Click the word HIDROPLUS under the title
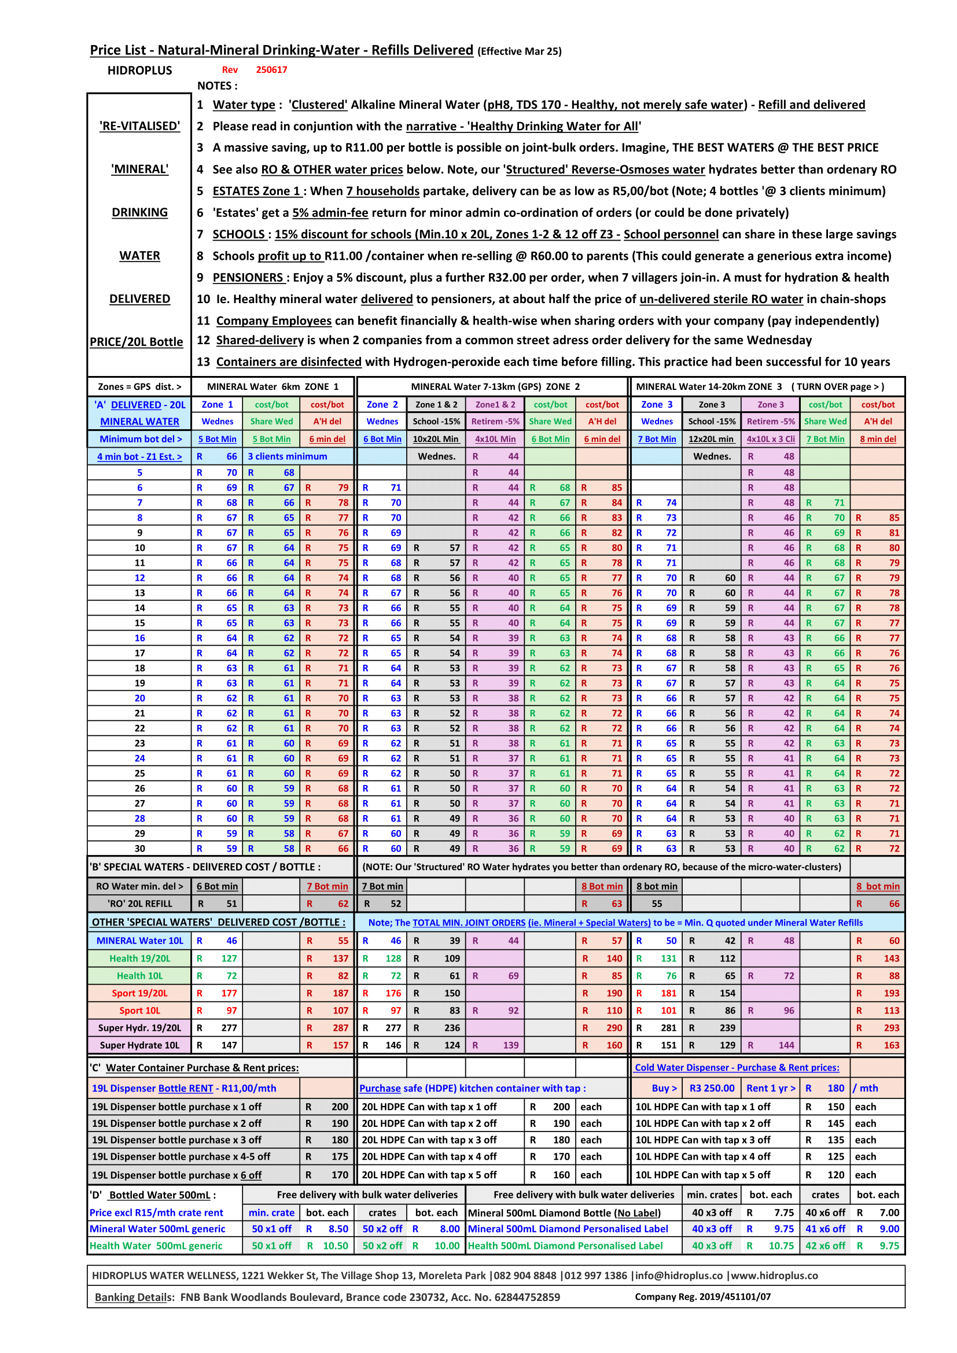click(x=139, y=71)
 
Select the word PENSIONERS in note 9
click(x=248, y=278)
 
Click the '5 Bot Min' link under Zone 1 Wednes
click(x=217, y=439)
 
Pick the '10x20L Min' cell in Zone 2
click(x=436, y=439)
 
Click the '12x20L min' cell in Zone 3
click(x=711, y=439)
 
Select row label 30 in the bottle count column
click(x=139, y=849)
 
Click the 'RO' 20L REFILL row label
click(x=139, y=904)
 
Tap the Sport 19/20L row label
click(x=139, y=993)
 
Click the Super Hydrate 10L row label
click(x=139, y=1045)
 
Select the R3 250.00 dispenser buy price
click(x=712, y=1088)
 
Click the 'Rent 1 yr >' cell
click(x=770, y=1088)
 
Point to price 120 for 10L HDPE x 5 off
click(x=835, y=1174)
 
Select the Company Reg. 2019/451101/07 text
click(x=702, y=1296)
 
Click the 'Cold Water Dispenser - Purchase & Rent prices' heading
click(x=737, y=1067)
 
